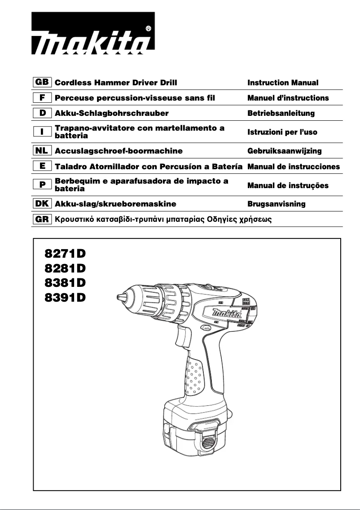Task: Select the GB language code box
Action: coord(42,83)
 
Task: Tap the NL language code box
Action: coord(42,151)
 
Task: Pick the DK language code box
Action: coord(42,204)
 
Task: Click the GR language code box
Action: coord(42,220)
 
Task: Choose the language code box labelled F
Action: coord(42,97)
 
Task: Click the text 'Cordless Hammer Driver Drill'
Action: coord(116,83)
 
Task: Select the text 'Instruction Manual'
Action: coord(283,83)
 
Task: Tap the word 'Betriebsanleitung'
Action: coord(281,113)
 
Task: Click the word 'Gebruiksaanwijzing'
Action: coord(285,151)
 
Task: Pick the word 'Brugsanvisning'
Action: coord(277,204)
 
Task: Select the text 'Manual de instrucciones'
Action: coord(294,167)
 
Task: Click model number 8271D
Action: coord(65,254)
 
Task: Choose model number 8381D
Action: coord(65,283)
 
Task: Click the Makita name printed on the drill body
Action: coord(228,311)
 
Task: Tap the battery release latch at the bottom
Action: coord(206,442)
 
